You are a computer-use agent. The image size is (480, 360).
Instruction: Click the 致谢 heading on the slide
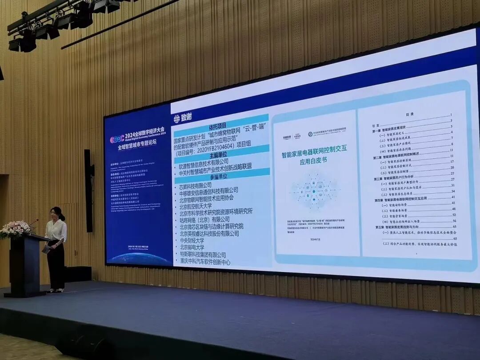pyautogui.click(x=186, y=118)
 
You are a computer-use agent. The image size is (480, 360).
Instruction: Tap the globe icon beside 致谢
pyautogui.click(x=177, y=118)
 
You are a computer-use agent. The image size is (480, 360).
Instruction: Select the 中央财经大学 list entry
pyautogui.click(x=192, y=240)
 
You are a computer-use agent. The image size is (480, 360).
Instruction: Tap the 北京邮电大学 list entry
pyautogui.click(x=192, y=248)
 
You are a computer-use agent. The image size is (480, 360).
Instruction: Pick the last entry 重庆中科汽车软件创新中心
pyautogui.click(x=205, y=262)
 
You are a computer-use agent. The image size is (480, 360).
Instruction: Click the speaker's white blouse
pyautogui.click(x=56, y=231)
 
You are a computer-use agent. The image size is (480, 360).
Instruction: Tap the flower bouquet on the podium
pyautogui.click(x=16, y=229)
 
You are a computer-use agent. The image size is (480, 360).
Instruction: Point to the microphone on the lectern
pyautogui.click(x=34, y=222)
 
